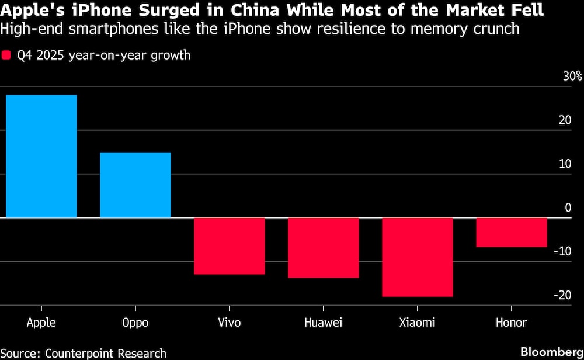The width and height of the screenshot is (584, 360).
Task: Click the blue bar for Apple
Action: pyautogui.click(x=41, y=156)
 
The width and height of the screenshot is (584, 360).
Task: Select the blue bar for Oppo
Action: pyautogui.click(x=135, y=185)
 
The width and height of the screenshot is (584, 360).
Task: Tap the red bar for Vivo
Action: pyautogui.click(x=229, y=246)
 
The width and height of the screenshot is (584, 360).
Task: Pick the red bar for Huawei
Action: pyautogui.click(x=323, y=248)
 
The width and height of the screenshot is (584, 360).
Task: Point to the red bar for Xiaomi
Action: pyautogui.click(x=417, y=257)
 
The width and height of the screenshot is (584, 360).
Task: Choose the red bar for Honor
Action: pyautogui.click(x=511, y=233)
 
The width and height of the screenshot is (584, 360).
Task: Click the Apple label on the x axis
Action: pyautogui.click(x=41, y=323)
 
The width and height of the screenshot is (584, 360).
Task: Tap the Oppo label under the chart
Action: pyautogui.click(x=135, y=323)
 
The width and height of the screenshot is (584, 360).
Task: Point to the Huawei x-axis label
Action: pyautogui.click(x=323, y=323)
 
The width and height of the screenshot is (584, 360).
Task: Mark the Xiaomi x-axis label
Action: pyautogui.click(x=417, y=323)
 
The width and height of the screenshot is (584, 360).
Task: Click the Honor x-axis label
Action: pyautogui.click(x=511, y=323)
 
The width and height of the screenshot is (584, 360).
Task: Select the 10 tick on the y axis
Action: pyautogui.click(x=565, y=164)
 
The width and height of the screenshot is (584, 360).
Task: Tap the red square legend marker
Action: pyautogui.click(x=7, y=56)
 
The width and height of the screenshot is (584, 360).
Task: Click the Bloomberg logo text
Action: pyautogui.click(x=550, y=352)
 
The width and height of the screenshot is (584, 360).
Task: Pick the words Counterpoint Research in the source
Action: pyautogui.click(x=106, y=353)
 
